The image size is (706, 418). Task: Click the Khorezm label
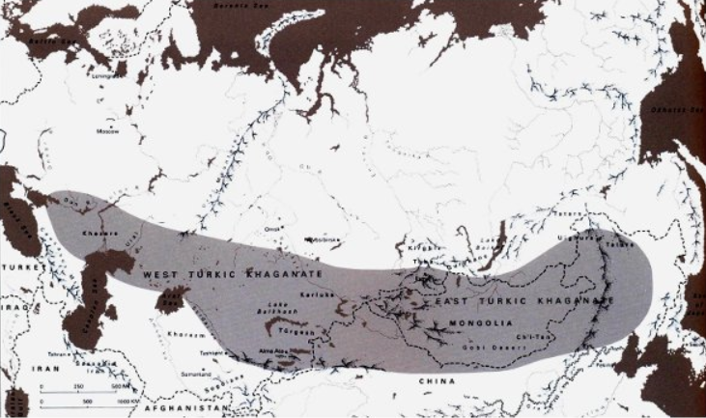coord(189,335)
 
